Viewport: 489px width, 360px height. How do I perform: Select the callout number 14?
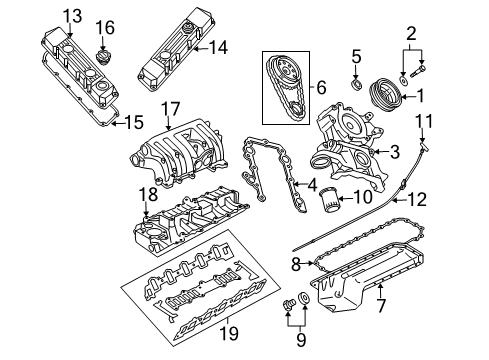(x=219, y=46)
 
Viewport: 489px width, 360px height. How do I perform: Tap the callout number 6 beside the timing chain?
(x=322, y=88)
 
